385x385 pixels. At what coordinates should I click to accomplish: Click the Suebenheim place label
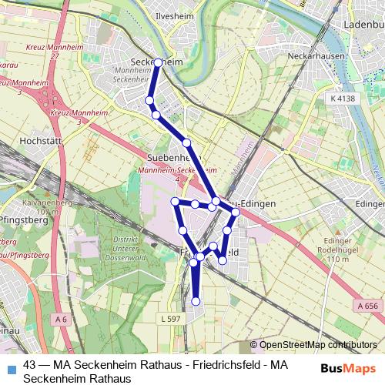(x=173, y=158)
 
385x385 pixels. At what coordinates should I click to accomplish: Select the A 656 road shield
(x=368, y=306)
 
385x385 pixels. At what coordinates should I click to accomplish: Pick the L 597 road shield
(x=171, y=319)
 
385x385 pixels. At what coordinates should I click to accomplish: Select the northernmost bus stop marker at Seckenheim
(x=158, y=62)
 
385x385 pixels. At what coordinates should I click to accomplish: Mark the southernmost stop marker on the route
(x=196, y=301)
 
